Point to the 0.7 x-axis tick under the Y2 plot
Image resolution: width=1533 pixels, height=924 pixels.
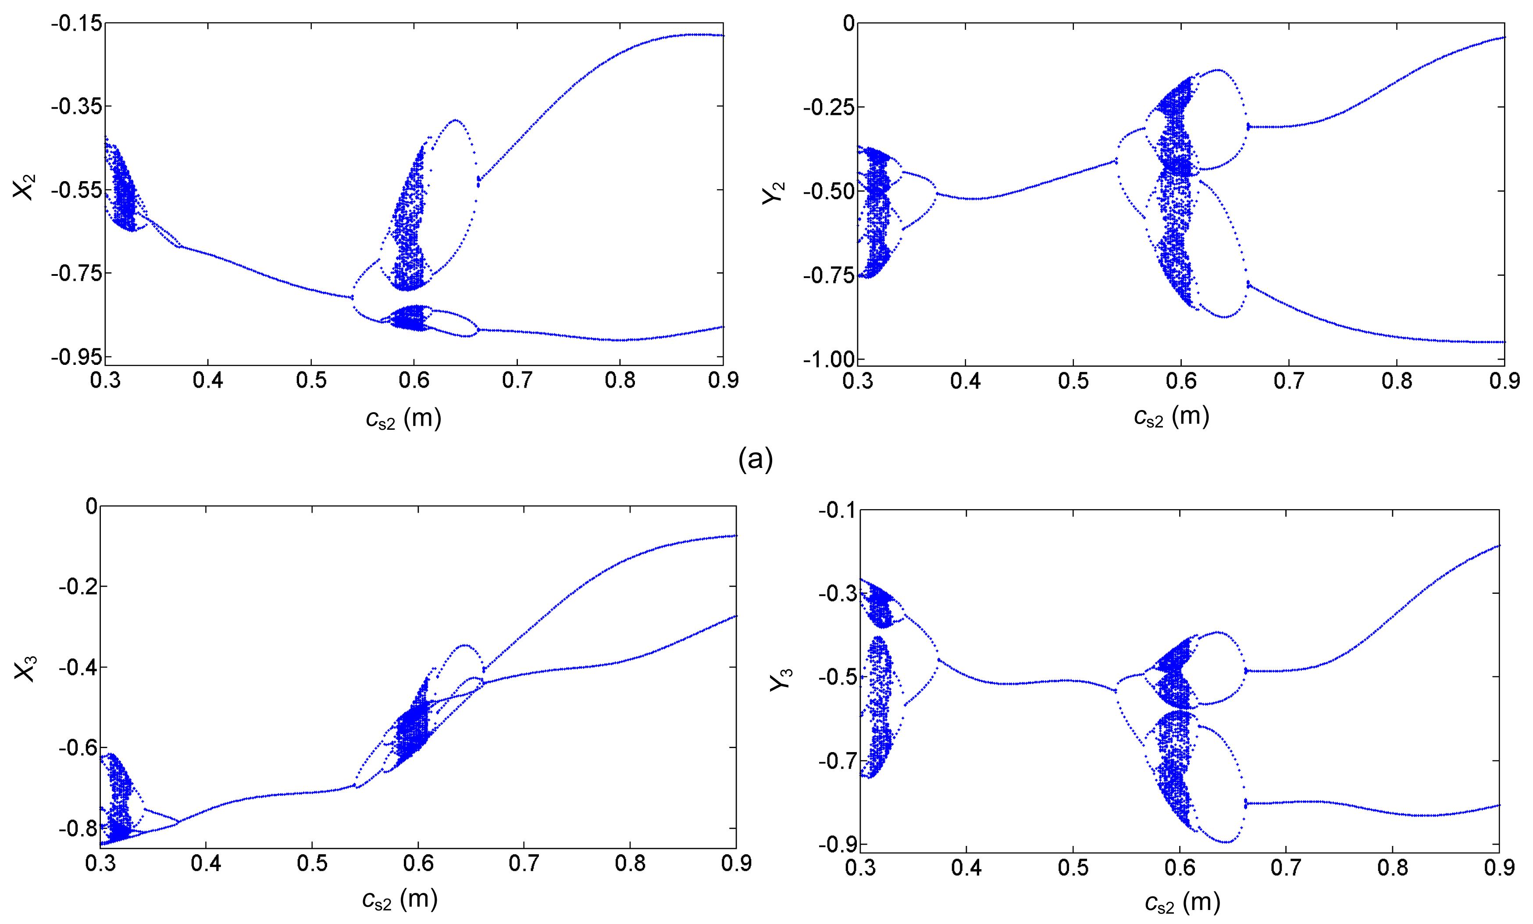tap(1288, 380)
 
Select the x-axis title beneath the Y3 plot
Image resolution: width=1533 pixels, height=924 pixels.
tap(1182, 903)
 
